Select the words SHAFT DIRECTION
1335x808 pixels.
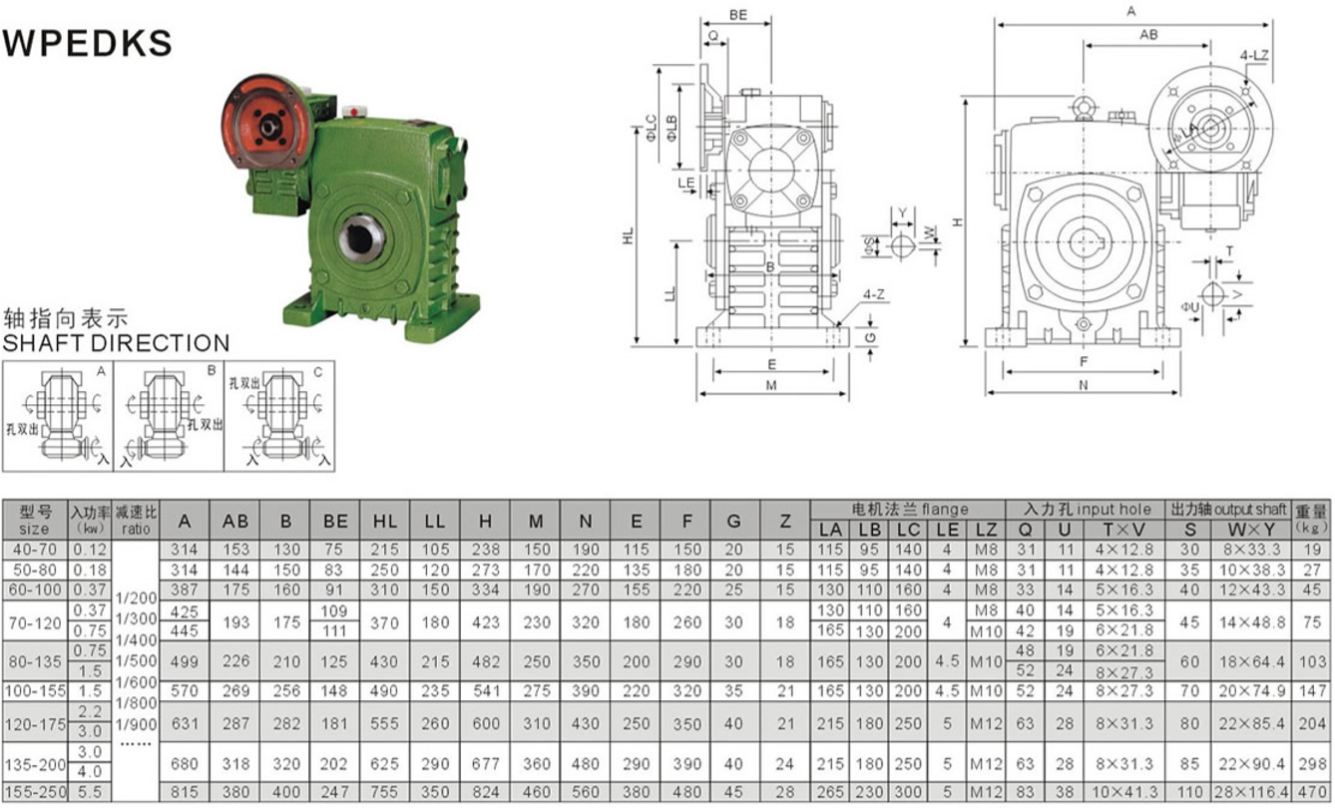(116, 343)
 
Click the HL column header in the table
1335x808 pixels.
(385, 521)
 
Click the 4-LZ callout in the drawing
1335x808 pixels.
(1254, 55)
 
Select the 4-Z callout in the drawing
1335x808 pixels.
(873, 294)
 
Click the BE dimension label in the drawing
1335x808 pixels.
(738, 15)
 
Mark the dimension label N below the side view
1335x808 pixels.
(1083, 384)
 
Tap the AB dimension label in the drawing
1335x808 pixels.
(1148, 34)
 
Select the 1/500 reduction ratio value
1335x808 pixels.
(137, 659)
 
